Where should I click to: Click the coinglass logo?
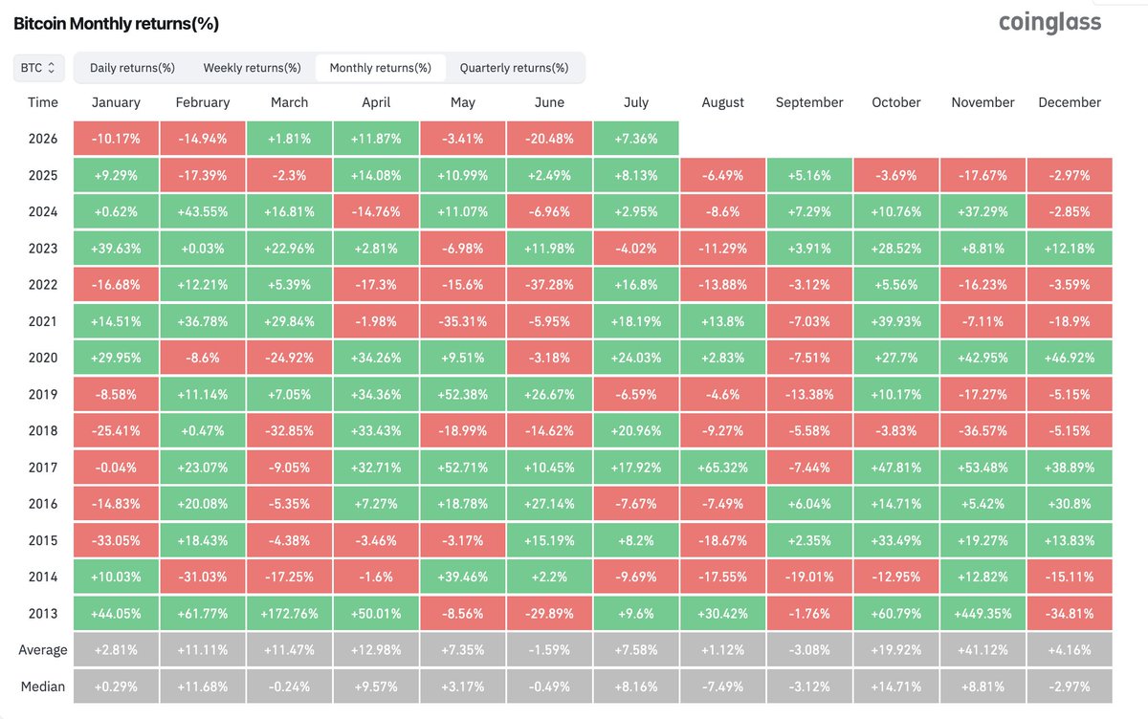click(1049, 23)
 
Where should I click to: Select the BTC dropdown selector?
click(38, 68)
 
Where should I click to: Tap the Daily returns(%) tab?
click(132, 68)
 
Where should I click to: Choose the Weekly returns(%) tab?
click(252, 68)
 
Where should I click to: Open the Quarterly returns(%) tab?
click(514, 68)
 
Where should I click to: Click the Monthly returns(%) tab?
click(381, 68)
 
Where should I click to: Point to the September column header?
click(809, 102)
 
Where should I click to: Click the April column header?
click(376, 102)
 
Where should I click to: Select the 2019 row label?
click(43, 394)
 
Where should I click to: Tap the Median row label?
click(43, 686)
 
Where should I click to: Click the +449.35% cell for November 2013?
click(982, 613)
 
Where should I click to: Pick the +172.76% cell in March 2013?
click(289, 613)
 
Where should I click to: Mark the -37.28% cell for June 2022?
click(549, 284)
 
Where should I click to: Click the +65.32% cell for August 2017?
click(722, 467)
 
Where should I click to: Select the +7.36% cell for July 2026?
click(636, 139)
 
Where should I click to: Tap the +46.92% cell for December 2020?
click(1070, 358)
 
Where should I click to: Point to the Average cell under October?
click(895, 650)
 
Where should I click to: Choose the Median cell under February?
click(203, 686)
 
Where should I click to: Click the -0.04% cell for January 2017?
click(116, 467)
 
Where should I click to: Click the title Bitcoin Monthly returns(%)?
click(117, 24)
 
